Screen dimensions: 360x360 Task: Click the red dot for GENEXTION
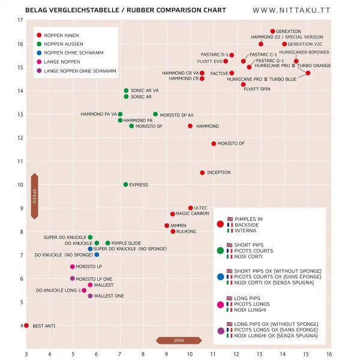272,31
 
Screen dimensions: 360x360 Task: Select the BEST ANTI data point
26,326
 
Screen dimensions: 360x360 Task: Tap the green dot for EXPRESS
125,185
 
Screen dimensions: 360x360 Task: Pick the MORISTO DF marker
214,143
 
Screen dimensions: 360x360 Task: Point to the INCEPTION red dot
202,173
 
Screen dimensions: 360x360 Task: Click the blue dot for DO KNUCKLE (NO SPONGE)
97,254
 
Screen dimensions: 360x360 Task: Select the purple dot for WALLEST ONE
90,296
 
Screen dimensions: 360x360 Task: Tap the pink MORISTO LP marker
73,266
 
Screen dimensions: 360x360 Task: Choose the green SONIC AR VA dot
126,91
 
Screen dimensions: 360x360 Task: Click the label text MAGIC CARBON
193,214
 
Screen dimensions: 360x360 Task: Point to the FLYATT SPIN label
257,89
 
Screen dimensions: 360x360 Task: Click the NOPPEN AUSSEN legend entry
59,44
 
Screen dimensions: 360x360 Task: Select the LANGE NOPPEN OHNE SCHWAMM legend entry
76,71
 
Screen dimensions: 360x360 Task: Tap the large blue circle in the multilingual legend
220,277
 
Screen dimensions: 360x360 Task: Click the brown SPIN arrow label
179,340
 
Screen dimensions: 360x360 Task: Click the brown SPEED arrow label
34,196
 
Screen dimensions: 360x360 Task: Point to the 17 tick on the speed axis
20,20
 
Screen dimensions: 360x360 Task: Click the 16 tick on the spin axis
329,354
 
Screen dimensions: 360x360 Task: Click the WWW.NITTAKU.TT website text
292,10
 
